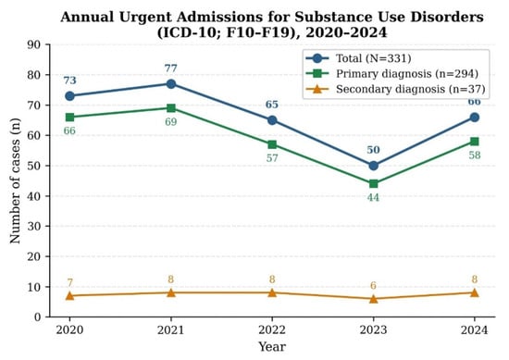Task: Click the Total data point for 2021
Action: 171,84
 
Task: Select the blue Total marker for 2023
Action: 373,166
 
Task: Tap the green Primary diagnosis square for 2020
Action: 69,118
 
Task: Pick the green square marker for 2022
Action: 272,144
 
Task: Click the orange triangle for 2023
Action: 373,299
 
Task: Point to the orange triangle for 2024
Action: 474,292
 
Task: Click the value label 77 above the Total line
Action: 171,68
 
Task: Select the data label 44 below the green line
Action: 373,197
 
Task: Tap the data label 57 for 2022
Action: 272,158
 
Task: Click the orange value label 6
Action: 373,285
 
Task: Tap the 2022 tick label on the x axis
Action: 272,330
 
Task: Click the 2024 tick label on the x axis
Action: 474,330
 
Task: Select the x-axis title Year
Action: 272,347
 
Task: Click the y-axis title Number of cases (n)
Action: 15,180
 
